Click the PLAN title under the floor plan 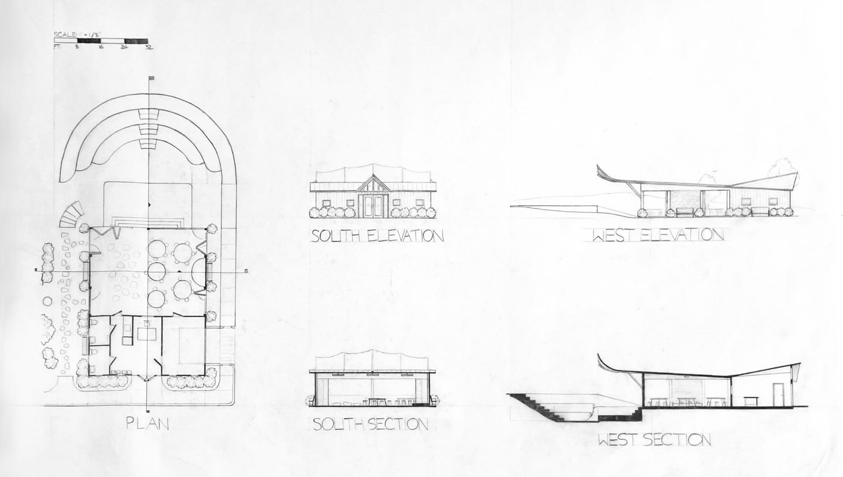[x=148, y=423]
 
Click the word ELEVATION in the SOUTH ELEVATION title [x=405, y=236]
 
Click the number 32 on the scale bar [x=149, y=47]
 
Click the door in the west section [x=777, y=394]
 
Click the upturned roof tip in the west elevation [x=599, y=169]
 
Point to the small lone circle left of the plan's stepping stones [x=47, y=301]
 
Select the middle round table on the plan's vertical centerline [x=156, y=270]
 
